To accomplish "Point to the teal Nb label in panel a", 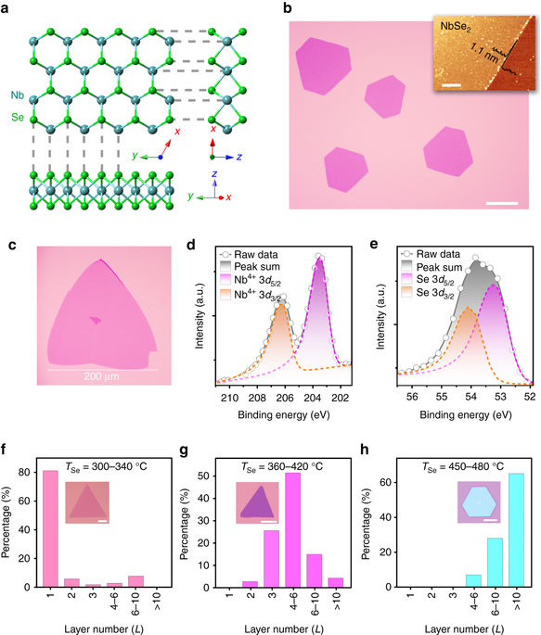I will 18,95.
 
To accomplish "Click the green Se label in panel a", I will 18,118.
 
